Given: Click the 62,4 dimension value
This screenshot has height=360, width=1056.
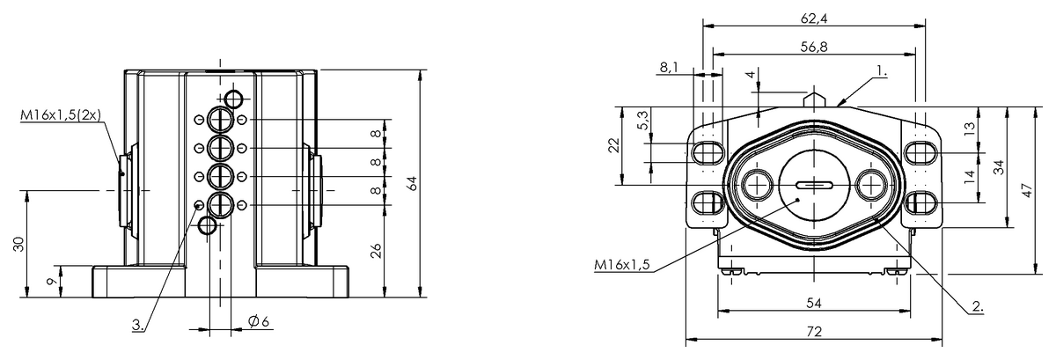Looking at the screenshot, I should click(813, 18).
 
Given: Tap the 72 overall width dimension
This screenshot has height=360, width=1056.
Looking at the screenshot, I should click(814, 332).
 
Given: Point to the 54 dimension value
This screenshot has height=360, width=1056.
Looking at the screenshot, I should click(814, 303).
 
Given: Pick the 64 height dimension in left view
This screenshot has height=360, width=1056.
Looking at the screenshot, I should click(412, 183).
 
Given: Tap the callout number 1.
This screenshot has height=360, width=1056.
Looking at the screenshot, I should click(882, 69).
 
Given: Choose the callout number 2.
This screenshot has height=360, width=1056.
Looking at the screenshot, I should click(977, 307).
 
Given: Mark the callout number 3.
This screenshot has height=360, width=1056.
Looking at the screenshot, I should click(139, 325).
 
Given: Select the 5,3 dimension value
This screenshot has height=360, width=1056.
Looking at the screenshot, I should click(644, 120).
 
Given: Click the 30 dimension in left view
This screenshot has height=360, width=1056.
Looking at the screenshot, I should click(19, 244).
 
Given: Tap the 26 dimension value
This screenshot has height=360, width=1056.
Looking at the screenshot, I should click(376, 251).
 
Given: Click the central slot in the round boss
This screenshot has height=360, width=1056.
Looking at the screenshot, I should click(814, 185).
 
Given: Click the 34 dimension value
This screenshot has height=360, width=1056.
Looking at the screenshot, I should click(998, 166).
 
